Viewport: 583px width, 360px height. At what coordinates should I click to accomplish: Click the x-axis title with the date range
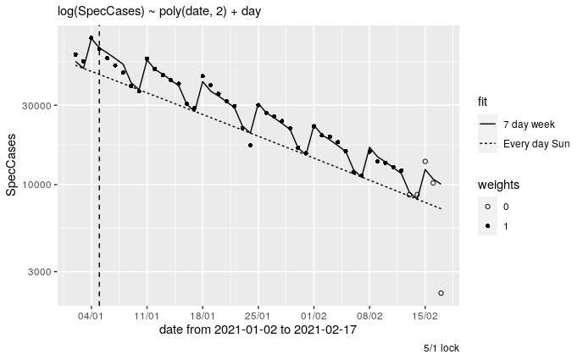pyautogui.click(x=258, y=330)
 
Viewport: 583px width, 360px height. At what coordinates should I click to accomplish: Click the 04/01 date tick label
pyautogui.click(x=91, y=315)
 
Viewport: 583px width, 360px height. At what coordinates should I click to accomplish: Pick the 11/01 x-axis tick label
pyautogui.click(x=147, y=315)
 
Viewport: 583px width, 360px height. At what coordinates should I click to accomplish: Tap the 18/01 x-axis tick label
pyautogui.click(x=203, y=315)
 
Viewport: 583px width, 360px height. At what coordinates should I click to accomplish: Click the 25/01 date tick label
pyautogui.click(x=258, y=315)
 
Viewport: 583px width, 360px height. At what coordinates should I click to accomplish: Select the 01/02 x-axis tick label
pyautogui.click(x=314, y=315)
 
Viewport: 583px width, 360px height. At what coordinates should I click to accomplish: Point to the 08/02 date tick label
pyautogui.click(x=369, y=315)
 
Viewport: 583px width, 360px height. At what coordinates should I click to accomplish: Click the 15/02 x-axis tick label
pyautogui.click(x=425, y=315)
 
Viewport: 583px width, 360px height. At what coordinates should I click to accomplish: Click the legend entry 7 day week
pyautogui.click(x=529, y=125)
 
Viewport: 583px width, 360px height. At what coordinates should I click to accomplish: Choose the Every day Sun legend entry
pyautogui.click(x=536, y=143)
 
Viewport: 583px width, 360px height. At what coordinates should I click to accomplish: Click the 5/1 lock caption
pyautogui.click(x=441, y=348)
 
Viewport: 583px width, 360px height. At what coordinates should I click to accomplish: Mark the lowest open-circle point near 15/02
pyautogui.click(x=441, y=293)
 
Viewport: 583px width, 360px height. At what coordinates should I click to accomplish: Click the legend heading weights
pyautogui.click(x=498, y=185)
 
